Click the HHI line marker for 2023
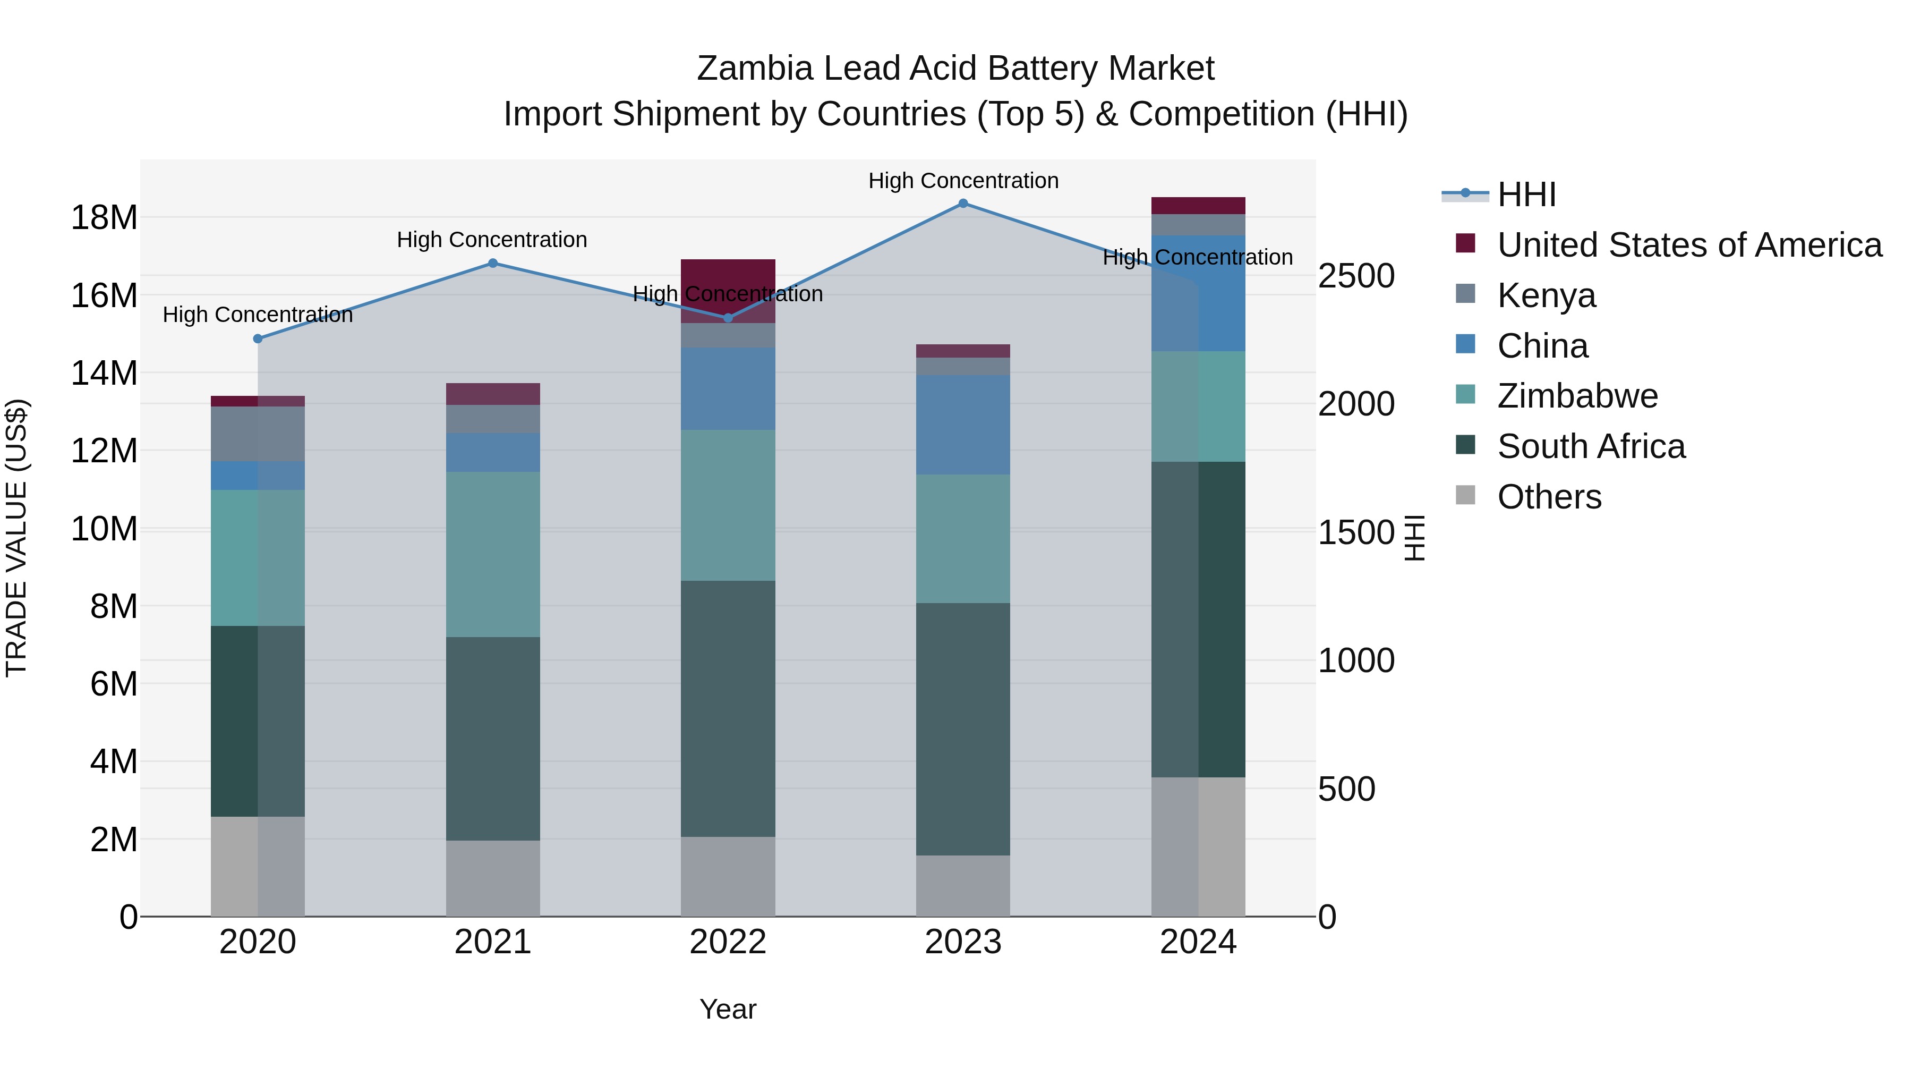(963, 204)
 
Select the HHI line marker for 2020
(258, 338)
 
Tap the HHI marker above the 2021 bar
(493, 263)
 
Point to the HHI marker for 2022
(728, 318)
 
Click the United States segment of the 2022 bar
(728, 278)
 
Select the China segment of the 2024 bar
(1198, 293)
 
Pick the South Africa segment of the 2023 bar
(963, 728)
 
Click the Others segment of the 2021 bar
(493, 878)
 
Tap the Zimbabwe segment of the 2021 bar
(493, 554)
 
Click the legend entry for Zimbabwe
(1577, 396)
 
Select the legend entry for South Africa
(1591, 446)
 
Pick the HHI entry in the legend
(1526, 194)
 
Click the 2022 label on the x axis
(728, 942)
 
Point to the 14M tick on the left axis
(104, 373)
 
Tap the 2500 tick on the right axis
(1356, 276)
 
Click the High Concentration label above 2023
(963, 181)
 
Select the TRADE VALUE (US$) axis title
(16, 538)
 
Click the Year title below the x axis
(728, 1009)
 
